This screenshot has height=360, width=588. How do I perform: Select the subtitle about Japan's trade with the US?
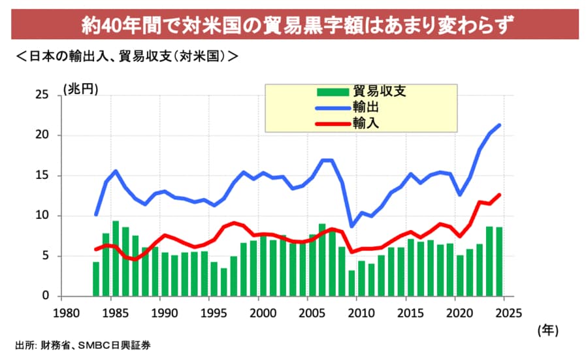coord(127,56)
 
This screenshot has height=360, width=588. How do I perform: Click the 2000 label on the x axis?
coord(260,312)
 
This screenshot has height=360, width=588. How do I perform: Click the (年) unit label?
coord(547,331)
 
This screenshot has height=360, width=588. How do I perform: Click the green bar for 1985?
coord(116,259)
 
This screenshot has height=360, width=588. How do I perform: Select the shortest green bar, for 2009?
coord(351,283)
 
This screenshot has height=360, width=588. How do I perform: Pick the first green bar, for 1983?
coord(96,279)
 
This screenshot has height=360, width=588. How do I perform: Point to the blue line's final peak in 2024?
coord(500,125)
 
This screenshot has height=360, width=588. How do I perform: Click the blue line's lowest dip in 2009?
coord(351,226)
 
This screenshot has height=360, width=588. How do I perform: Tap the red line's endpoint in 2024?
coord(500,195)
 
